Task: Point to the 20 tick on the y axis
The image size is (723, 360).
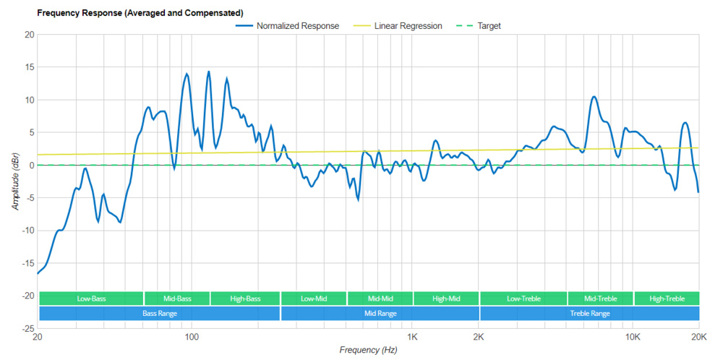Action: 28,35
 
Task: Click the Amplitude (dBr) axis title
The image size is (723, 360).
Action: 15,181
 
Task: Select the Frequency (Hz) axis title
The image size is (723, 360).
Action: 368,351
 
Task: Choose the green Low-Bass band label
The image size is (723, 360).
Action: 91,299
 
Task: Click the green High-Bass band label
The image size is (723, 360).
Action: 245,299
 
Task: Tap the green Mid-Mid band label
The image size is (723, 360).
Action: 380,299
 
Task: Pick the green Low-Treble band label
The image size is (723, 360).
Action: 523,299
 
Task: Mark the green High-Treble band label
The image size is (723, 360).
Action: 667,299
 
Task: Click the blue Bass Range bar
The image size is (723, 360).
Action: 159,314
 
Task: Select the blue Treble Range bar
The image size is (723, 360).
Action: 589,314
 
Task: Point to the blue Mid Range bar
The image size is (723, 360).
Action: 380,314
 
